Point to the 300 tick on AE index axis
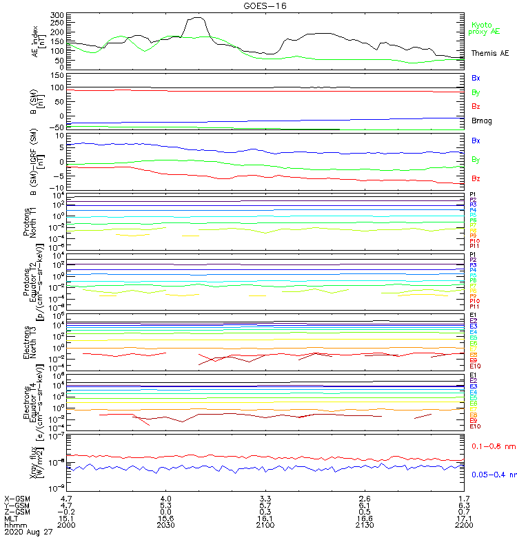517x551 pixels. pos(57,14)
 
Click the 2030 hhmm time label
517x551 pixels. pos(165,525)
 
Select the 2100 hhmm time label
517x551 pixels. pos(265,525)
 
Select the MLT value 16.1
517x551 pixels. pos(265,518)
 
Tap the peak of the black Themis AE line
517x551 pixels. pos(196,18)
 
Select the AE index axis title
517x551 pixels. pos(40,41)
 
